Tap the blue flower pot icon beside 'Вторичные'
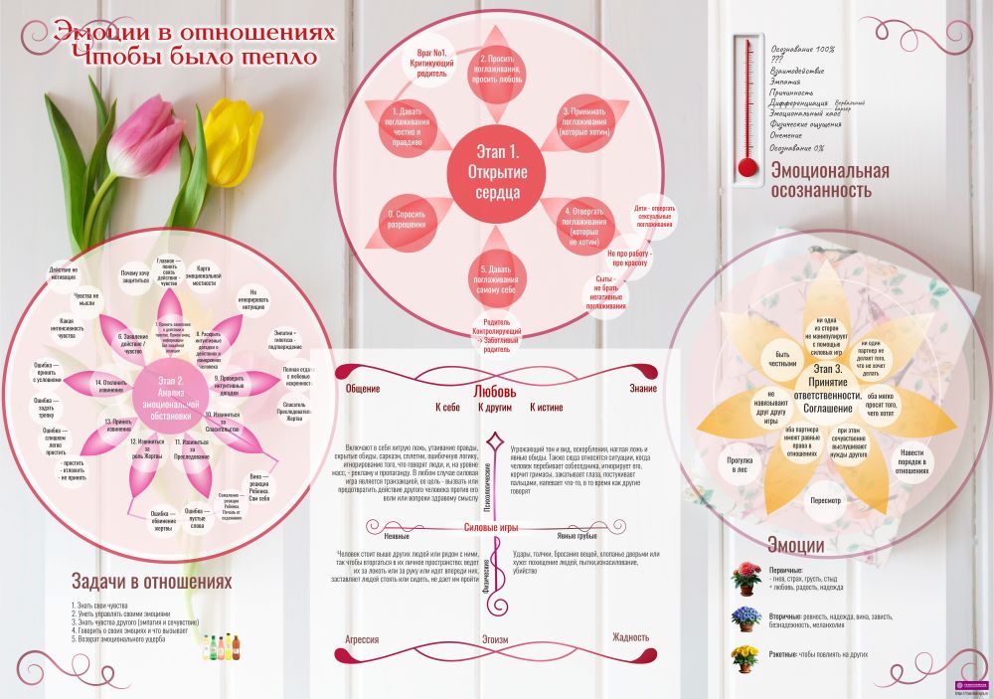click(745, 616)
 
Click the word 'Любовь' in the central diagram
click(494, 391)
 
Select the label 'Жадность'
click(630, 637)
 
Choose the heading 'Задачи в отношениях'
click(151, 581)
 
